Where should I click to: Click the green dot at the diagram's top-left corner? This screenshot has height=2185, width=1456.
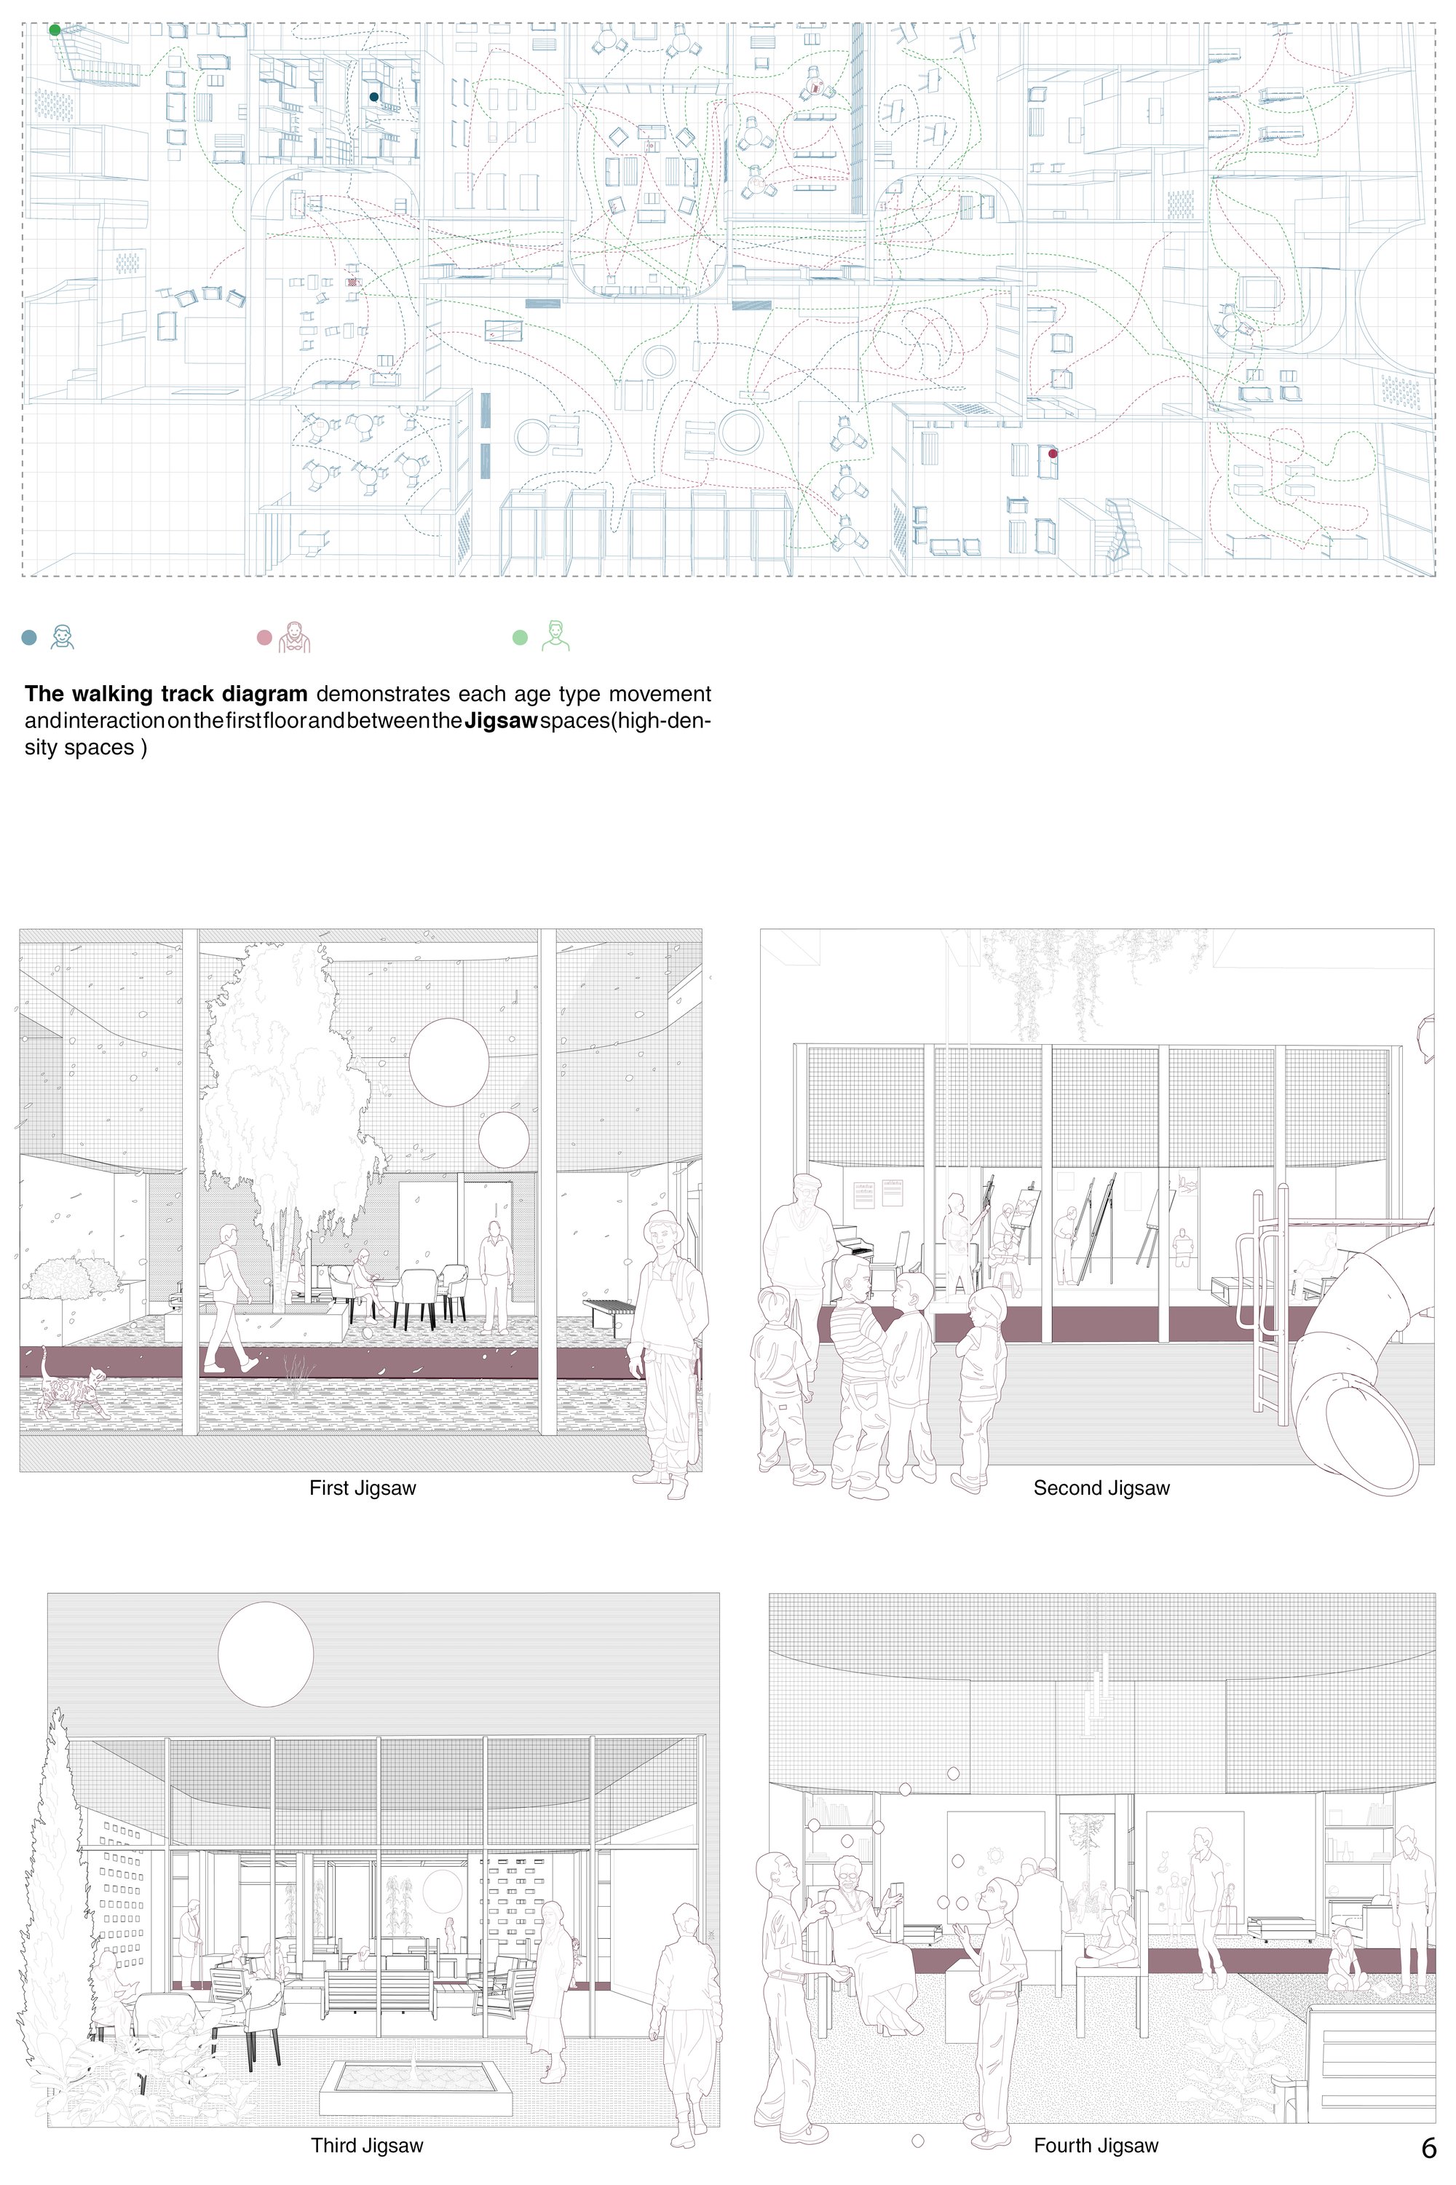55,30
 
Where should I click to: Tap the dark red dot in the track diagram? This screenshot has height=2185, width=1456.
1053,453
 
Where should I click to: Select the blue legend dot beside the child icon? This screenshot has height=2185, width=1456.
29,638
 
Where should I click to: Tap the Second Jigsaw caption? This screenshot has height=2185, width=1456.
1101,1487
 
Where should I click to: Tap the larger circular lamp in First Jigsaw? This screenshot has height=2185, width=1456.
449,1062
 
